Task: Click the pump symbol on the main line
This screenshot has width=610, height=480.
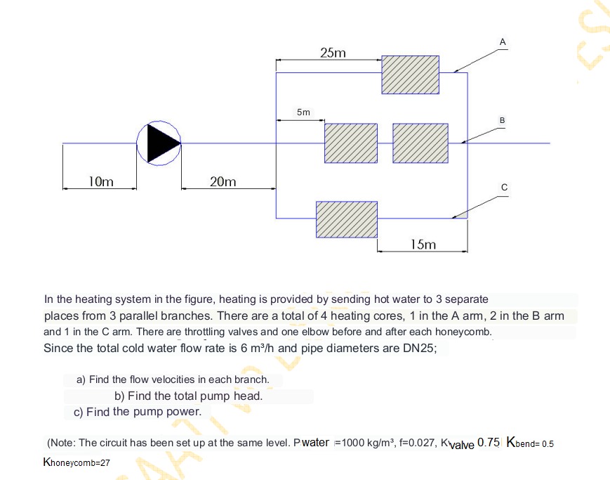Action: click(159, 143)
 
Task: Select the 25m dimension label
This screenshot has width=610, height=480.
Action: click(332, 53)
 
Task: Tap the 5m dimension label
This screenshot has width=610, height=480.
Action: click(303, 112)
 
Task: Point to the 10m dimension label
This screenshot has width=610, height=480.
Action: click(101, 182)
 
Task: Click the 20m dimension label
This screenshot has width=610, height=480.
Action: click(223, 182)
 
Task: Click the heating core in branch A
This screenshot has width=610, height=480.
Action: click(411, 74)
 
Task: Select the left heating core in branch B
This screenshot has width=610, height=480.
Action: click(350, 143)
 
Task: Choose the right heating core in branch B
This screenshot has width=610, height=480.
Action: click(420, 143)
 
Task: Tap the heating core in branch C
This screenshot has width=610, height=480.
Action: click(346, 219)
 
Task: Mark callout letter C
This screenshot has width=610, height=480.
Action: click(503, 187)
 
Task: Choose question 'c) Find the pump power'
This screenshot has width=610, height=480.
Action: click(138, 412)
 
